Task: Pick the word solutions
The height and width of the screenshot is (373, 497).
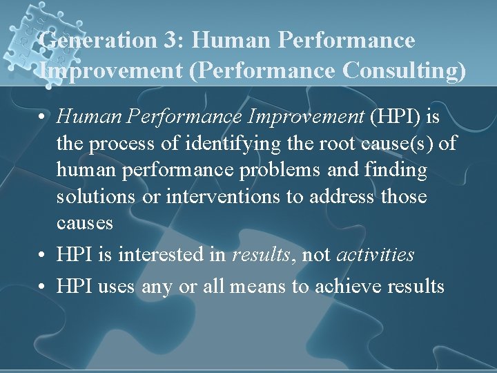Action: (96, 197)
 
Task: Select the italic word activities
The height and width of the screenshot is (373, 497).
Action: (375, 255)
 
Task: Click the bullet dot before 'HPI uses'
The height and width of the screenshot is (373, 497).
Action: (43, 286)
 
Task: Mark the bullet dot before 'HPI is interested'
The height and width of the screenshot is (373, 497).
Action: (43, 255)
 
